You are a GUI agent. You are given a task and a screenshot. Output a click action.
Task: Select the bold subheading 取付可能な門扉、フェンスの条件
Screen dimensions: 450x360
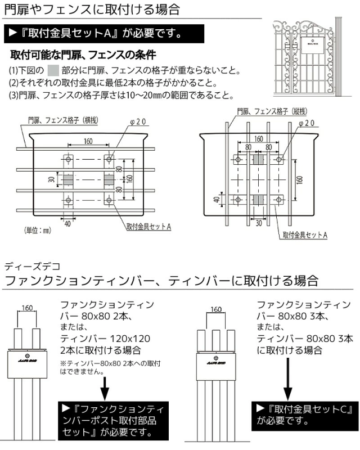[83, 56]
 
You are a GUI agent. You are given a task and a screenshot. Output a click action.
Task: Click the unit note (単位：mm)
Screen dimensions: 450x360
[38, 230]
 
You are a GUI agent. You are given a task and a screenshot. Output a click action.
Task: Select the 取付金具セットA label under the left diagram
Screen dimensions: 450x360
[148, 226]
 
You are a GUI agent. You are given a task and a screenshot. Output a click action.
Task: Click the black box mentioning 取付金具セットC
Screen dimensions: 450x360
[304, 414]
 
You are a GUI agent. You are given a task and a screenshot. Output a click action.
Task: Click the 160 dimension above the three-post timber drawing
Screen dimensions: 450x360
[215, 309]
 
